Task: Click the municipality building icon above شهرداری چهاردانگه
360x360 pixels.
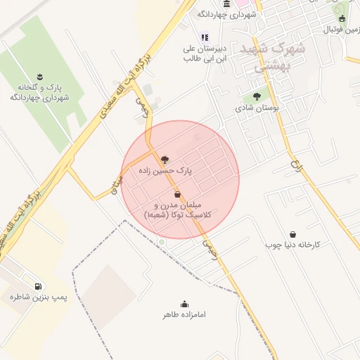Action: point(226,4)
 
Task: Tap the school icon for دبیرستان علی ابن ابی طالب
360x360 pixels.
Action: point(205,37)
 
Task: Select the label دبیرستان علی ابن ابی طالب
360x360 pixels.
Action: point(205,53)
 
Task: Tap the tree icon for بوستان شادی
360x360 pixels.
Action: point(256,96)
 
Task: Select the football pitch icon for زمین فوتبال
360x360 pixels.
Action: point(342,18)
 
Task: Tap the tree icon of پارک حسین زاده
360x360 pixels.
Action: point(165,160)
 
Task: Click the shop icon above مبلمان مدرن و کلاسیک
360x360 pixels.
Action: point(177,194)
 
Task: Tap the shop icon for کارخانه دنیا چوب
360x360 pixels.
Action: point(292,235)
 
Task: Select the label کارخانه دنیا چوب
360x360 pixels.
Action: point(292,245)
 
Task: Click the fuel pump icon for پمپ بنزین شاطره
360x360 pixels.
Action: point(37,286)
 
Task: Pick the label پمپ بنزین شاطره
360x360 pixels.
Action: point(38,298)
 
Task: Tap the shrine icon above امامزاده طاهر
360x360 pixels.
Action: point(184,304)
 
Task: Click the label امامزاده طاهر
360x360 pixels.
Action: point(184,315)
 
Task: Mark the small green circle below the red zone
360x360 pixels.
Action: point(162,243)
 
